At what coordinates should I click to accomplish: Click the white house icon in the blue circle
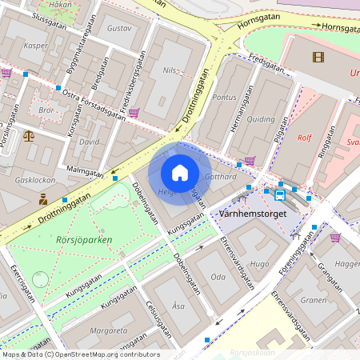(x=180, y=172)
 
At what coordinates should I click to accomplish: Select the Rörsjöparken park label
(x=84, y=239)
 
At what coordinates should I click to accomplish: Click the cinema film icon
(x=319, y=57)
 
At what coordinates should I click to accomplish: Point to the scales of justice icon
(x=30, y=135)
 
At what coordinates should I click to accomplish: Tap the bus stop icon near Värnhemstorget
(x=280, y=194)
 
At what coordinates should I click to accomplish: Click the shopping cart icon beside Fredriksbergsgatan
(x=134, y=113)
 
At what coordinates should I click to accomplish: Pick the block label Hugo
(x=260, y=263)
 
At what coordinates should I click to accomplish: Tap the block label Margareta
(x=108, y=330)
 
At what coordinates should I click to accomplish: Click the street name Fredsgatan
(x=266, y=63)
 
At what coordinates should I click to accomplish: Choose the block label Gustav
(x=118, y=28)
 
